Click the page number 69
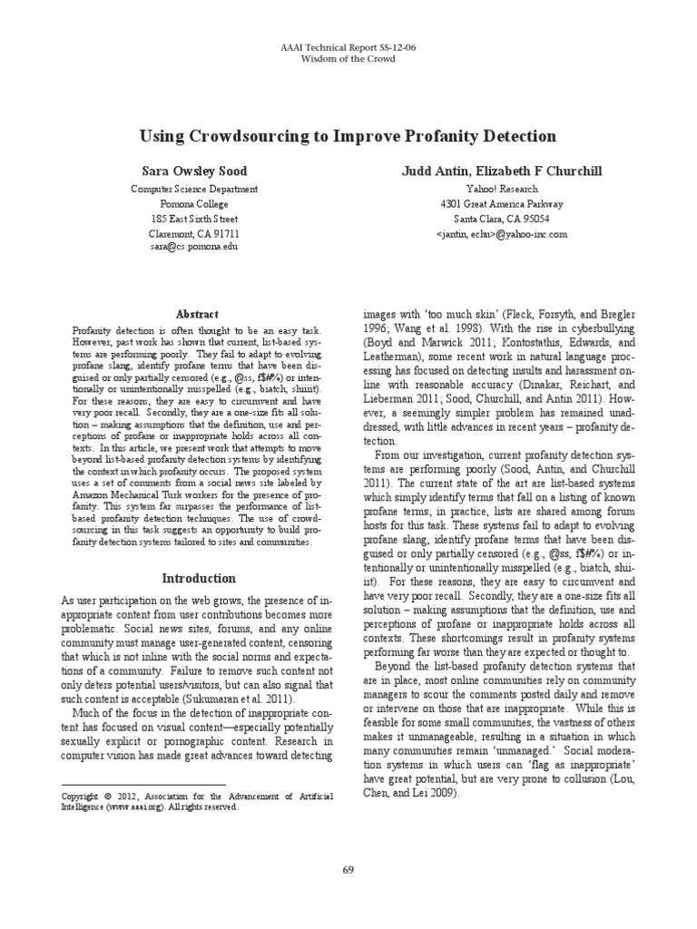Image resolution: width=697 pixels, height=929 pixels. click(348, 870)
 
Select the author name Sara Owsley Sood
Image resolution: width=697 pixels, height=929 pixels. click(194, 171)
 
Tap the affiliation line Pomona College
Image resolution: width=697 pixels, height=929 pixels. click(194, 204)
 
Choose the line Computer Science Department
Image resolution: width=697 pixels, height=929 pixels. click(194, 190)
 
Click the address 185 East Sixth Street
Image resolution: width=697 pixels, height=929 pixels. click(194, 219)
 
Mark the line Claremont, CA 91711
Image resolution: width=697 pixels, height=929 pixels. click(194, 233)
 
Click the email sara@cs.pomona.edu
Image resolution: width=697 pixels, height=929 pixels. click(194, 247)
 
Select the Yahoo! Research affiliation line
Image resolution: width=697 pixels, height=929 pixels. click(501, 190)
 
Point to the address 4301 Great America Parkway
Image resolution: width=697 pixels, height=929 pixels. click(501, 204)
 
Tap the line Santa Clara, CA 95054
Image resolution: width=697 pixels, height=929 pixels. click(501, 219)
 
